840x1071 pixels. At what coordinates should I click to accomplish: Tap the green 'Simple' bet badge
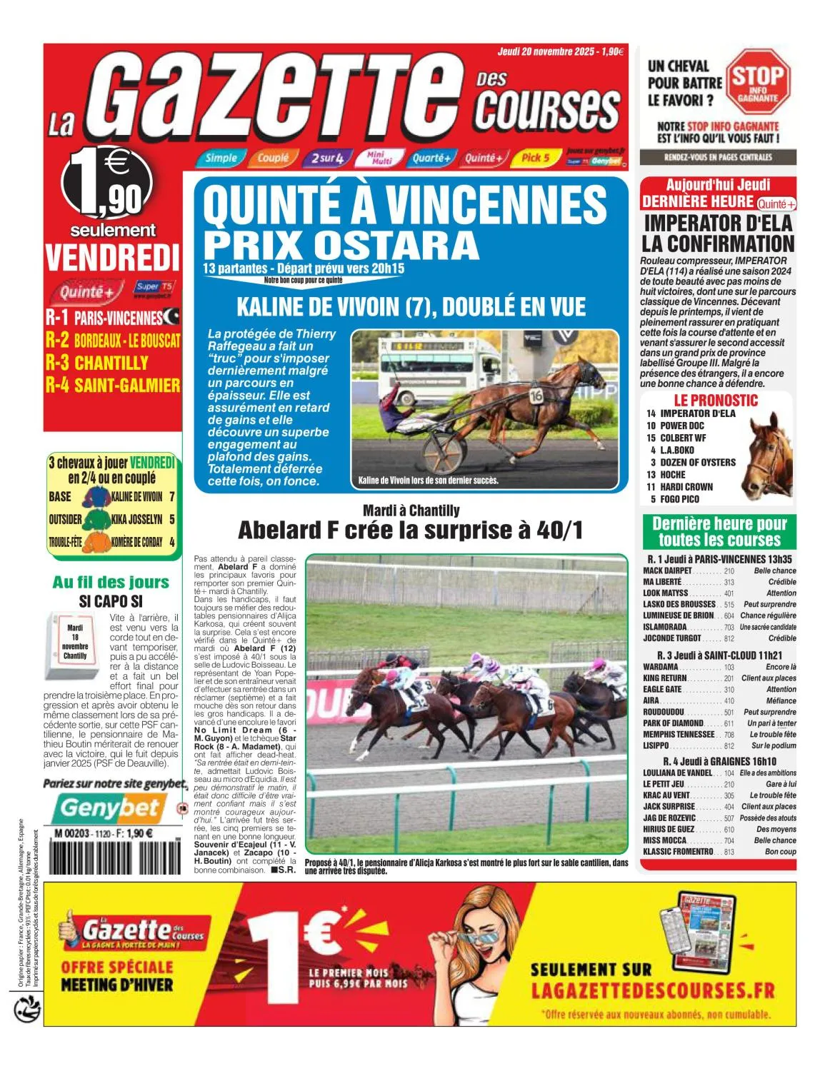[221, 158]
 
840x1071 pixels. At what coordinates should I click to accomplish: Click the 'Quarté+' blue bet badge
[431, 158]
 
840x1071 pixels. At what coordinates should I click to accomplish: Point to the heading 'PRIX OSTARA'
[341, 245]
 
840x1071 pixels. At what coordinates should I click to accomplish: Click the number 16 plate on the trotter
[536, 395]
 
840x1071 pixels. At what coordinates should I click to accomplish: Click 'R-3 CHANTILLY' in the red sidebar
[96, 363]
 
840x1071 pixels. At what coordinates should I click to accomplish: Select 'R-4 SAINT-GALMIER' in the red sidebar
[112, 386]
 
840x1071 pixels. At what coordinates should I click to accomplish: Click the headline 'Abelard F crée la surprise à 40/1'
[410, 531]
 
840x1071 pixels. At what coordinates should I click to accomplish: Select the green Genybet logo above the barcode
[110, 808]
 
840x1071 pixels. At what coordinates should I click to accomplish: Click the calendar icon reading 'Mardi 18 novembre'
[74, 644]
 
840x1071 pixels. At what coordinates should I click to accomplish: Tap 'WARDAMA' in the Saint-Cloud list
[661, 667]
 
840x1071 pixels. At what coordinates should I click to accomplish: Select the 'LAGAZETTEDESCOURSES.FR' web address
[653, 990]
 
